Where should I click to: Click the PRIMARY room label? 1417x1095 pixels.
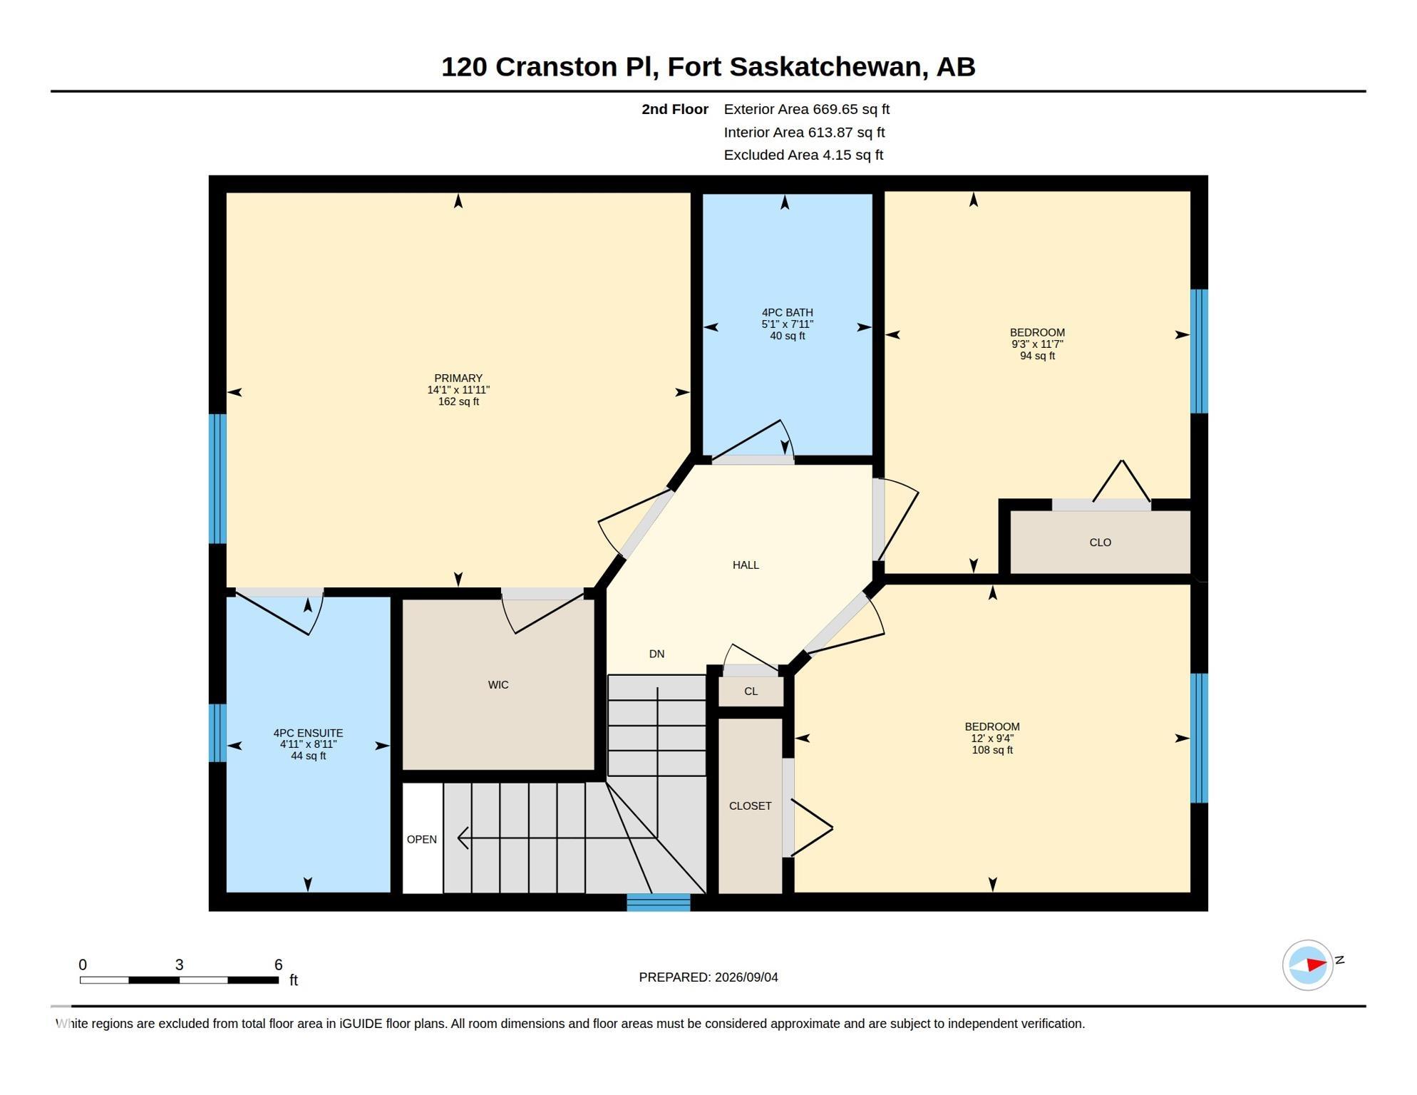pyautogui.click(x=458, y=378)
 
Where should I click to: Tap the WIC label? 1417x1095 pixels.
pyautogui.click(x=498, y=685)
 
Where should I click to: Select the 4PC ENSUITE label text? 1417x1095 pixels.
pyautogui.click(x=308, y=733)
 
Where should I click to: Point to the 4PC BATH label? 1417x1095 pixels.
pyautogui.click(x=787, y=312)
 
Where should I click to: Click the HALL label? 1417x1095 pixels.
pyautogui.click(x=746, y=565)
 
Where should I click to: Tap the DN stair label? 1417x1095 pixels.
pyautogui.click(x=656, y=654)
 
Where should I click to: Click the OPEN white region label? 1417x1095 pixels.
pyautogui.click(x=421, y=840)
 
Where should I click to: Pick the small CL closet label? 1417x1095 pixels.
pyautogui.click(x=751, y=692)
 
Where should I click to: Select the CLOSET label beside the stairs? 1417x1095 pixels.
pyautogui.click(x=750, y=806)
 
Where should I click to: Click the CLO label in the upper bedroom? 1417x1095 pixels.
pyautogui.click(x=1100, y=543)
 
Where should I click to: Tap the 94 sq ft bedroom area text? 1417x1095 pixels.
pyautogui.click(x=1037, y=356)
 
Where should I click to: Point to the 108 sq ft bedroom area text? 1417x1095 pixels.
pyautogui.click(x=992, y=750)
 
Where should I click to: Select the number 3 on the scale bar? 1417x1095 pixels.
pyautogui.click(x=179, y=965)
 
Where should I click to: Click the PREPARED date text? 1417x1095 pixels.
pyautogui.click(x=708, y=977)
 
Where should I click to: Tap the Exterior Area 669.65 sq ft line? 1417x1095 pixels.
pyautogui.click(x=806, y=109)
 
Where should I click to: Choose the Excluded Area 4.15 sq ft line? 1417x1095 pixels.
pyautogui.click(x=803, y=155)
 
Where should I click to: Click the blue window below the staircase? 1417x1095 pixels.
pyautogui.click(x=659, y=903)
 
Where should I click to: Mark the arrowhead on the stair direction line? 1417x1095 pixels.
pyautogui.click(x=463, y=838)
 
